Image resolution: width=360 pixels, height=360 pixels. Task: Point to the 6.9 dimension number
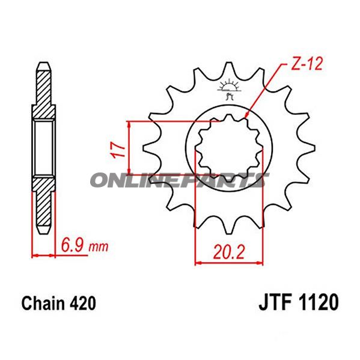[x=73, y=245]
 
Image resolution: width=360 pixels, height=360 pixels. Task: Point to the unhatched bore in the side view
[x=44, y=147]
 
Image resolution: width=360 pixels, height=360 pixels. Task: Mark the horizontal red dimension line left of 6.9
[x=43, y=255]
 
